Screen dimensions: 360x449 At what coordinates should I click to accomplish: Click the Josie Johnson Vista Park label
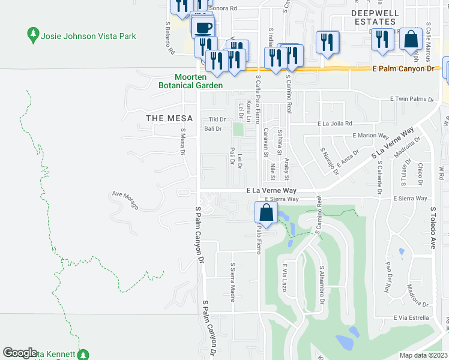pyautogui.click(x=88, y=36)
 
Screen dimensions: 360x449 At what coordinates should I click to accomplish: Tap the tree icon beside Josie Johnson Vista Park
pyautogui.click(x=34, y=35)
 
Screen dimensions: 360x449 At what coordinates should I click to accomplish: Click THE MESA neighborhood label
pyautogui.click(x=169, y=118)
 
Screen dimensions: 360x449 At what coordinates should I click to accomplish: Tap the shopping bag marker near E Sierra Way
pyautogui.click(x=266, y=212)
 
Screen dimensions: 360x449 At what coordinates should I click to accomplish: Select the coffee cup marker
pyautogui.click(x=203, y=26)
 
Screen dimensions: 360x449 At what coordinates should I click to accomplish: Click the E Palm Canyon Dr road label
pyautogui.click(x=403, y=69)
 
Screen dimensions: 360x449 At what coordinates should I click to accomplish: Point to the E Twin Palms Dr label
pyautogui.click(x=411, y=99)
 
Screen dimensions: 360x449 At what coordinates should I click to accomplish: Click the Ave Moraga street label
pyautogui.click(x=125, y=201)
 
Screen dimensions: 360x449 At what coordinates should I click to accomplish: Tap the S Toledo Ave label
pyautogui.click(x=432, y=228)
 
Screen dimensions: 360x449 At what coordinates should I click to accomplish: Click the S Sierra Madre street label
pyautogui.click(x=232, y=281)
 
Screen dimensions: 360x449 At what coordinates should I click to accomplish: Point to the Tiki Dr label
pyautogui.click(x=216, y=119)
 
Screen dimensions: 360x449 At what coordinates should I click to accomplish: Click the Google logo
pyautogui.click(x=20, y=353)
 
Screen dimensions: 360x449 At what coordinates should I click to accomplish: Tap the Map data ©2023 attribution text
pyautogui.click(x=423, y=355)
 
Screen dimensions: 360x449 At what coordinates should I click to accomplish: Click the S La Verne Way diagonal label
pyautogui.click(x=393, y=143)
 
